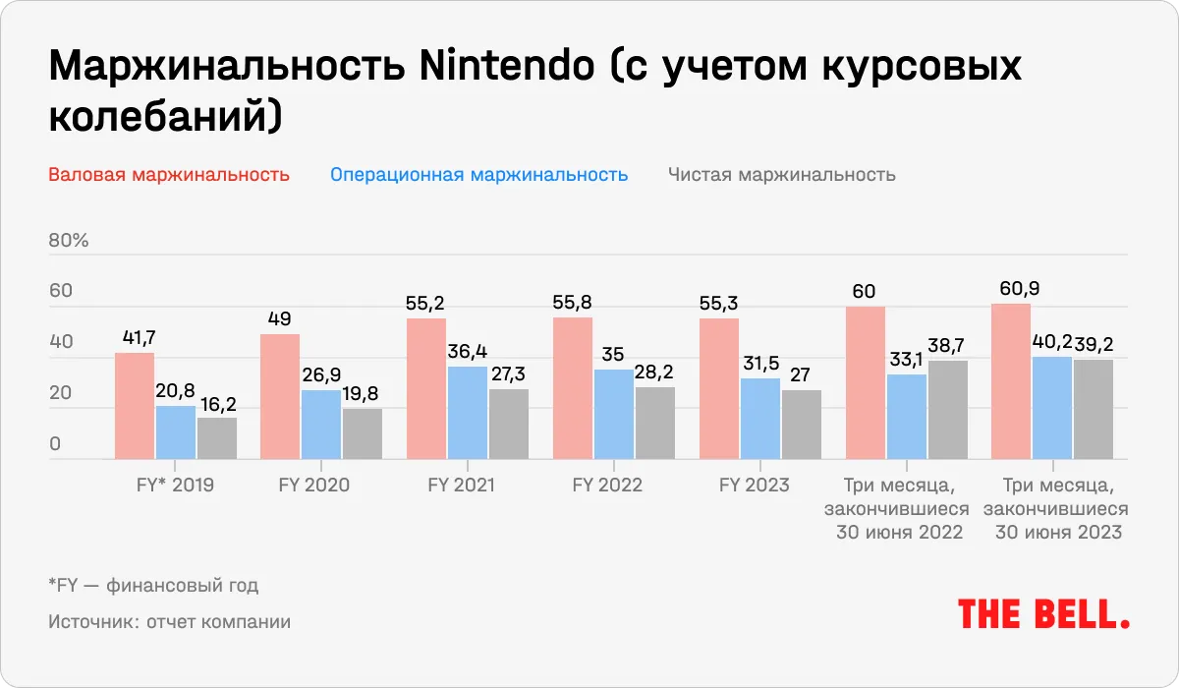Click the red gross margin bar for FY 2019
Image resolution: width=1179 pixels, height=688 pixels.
(x=135, y=406)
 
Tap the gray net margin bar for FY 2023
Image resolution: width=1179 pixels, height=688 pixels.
(x=802, y=425)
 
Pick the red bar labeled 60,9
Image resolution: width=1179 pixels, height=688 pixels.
(x=1011, y=381)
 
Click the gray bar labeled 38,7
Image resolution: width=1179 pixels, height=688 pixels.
(x=948, y=410)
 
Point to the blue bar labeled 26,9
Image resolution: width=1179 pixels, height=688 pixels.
(x=321, y=425)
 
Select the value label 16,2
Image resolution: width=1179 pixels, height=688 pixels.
(x=217, y=404)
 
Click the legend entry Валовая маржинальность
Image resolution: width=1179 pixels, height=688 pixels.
(x=168, y=175)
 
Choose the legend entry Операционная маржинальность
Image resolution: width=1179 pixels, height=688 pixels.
(x=478, y=175)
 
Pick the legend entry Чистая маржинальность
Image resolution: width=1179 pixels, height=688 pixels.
(x=781, y=175)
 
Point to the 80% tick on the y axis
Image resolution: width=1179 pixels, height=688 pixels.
(x=69, y=241)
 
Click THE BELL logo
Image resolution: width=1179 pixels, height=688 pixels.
(x=1042, y=614)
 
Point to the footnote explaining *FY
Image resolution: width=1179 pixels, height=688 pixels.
(x=152, y=587)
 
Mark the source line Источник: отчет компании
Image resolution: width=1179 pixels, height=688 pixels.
(x=168, y=622)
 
